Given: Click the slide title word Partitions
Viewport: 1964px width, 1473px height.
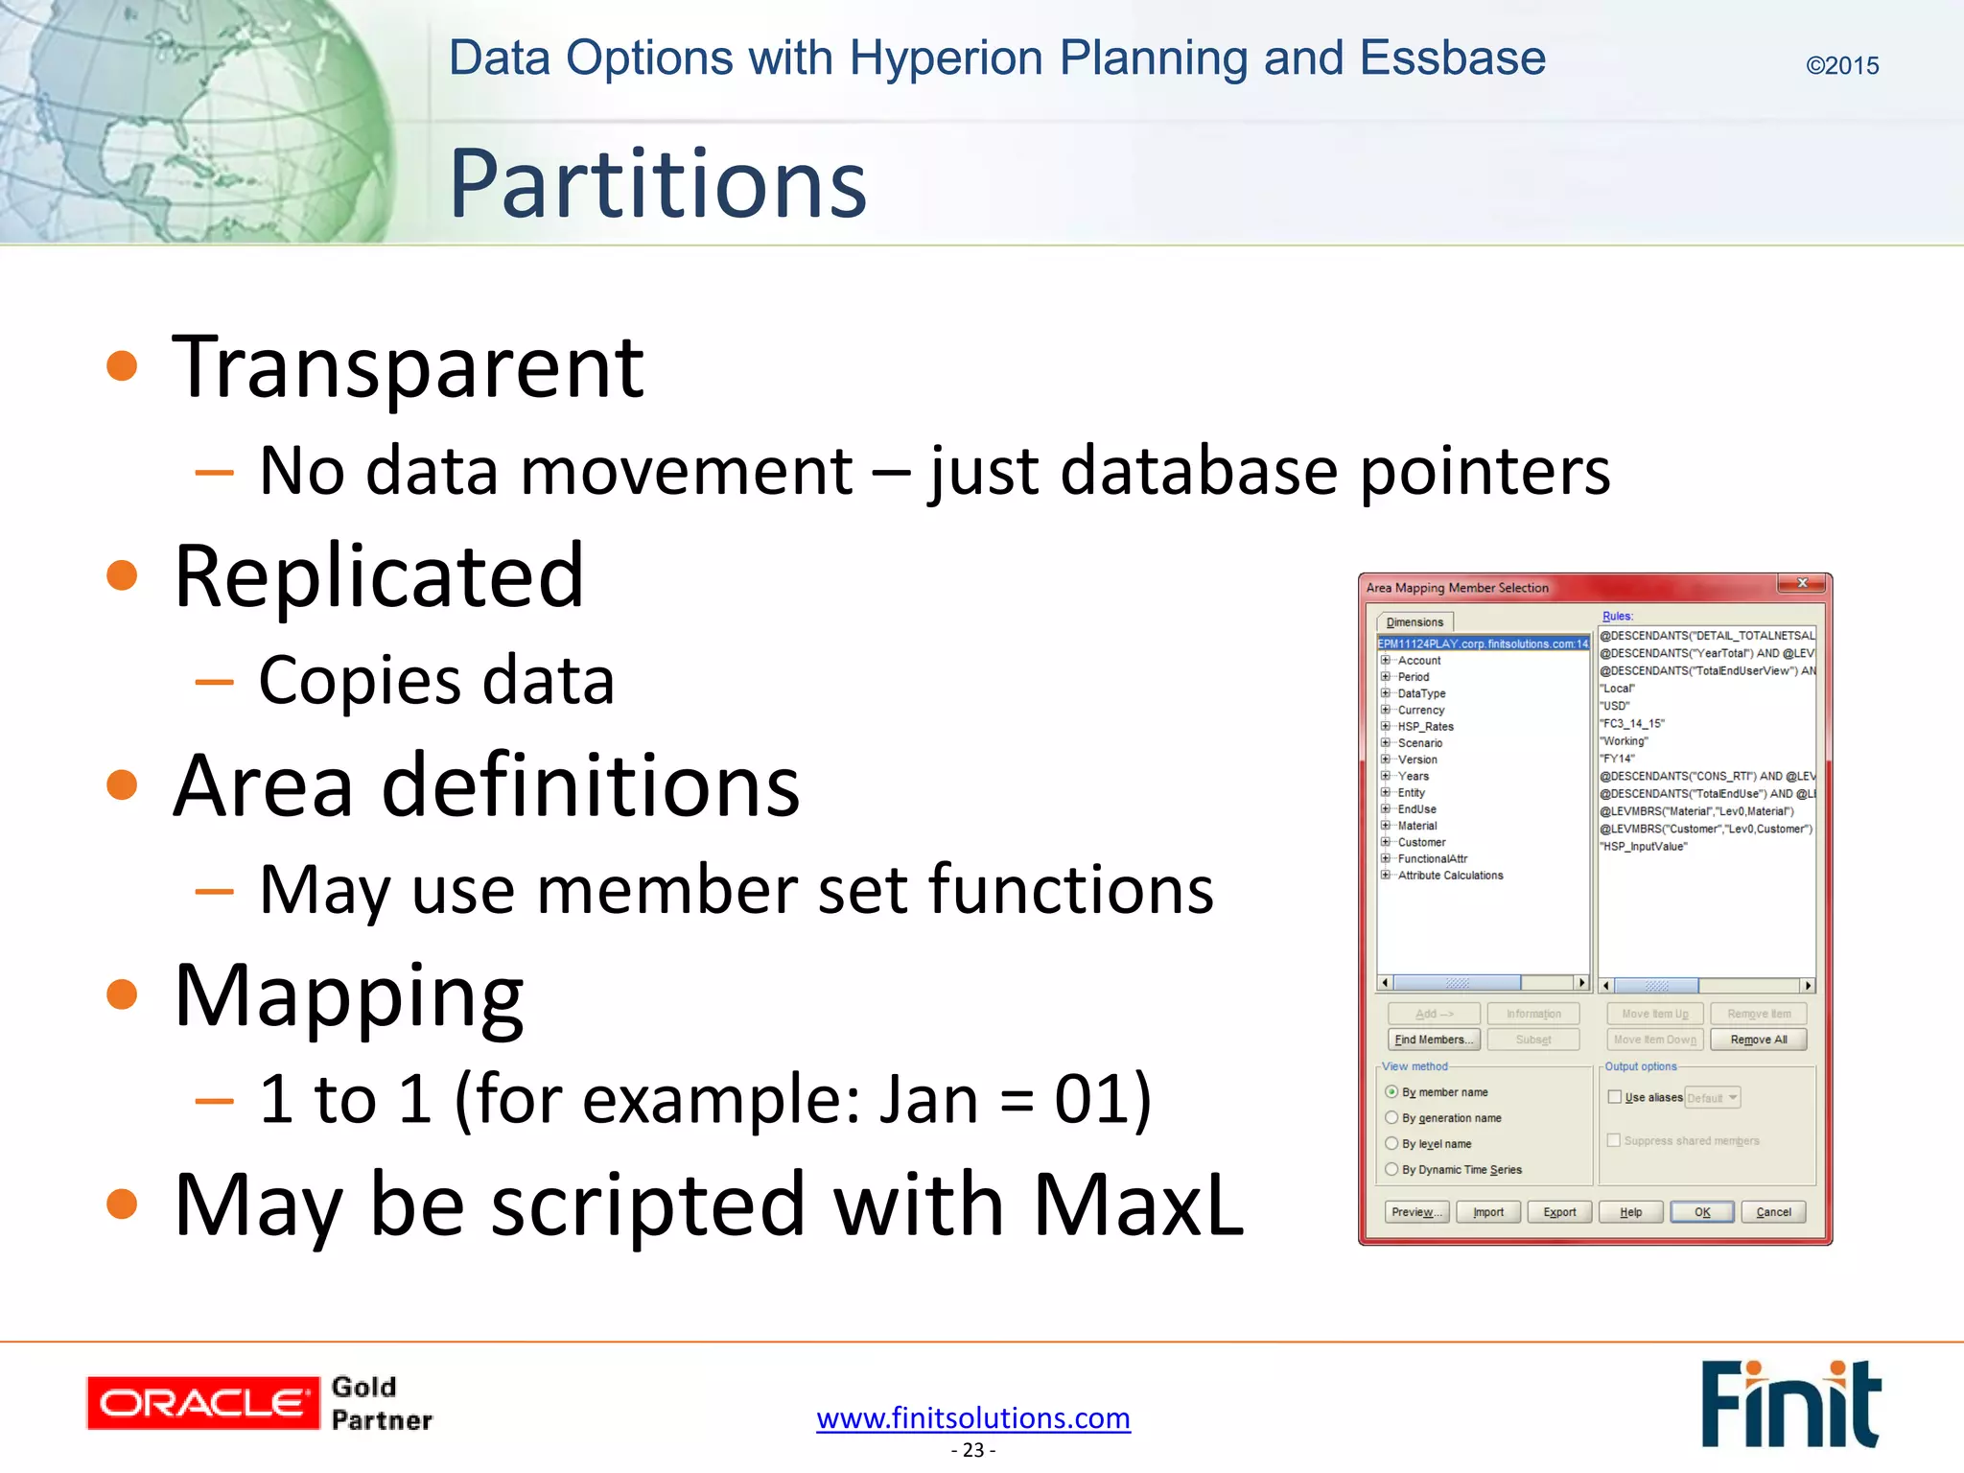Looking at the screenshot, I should pos(658,183).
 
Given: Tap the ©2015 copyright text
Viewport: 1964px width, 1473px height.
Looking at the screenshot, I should pos(1841,65).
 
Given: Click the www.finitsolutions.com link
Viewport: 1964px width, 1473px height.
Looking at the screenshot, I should pos(972,1417).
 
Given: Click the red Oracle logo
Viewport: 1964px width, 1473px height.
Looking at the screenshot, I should pos(202,1403).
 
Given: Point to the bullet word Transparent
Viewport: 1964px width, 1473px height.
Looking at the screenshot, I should pos(408,367).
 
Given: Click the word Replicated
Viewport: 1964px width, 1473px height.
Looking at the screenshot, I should pos(379,576).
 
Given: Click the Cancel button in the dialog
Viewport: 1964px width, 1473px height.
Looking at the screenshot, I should pos(1773,1212).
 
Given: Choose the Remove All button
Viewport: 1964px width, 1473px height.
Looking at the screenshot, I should pos(1758,1040).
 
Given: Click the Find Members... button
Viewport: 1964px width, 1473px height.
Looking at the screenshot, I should pos(1434,1040).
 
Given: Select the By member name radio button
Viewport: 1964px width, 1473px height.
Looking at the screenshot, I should pos(1391,1092).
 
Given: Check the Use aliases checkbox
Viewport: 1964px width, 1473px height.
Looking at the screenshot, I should pos(1615,1097).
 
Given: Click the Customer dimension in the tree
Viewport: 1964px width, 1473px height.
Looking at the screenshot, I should pos(1421,842).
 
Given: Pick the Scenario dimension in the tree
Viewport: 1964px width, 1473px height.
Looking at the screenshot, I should pos(1419,743).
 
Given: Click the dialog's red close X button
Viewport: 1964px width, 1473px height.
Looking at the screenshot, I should pos(1802,583).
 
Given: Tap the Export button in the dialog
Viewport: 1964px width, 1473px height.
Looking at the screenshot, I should pos(1559,1212).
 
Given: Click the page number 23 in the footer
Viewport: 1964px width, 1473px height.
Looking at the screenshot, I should pos(972,1450).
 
